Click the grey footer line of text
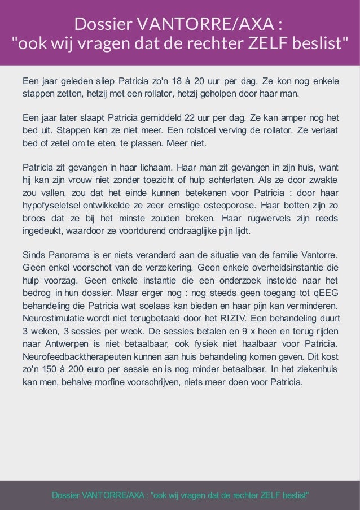[180, 495]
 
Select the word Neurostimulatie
[55, 317]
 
